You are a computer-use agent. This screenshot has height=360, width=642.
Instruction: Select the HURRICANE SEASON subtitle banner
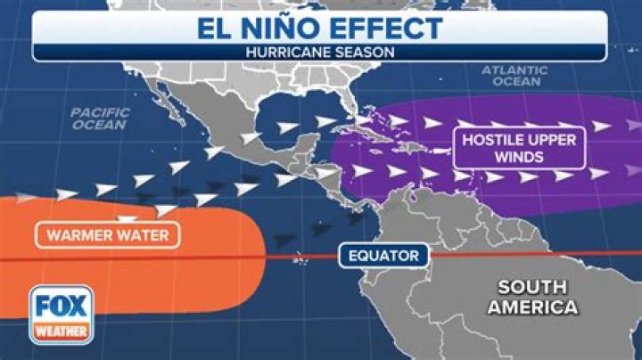click(x=321, y=52)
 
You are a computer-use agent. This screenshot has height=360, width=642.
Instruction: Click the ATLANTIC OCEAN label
click(x=511, y=75)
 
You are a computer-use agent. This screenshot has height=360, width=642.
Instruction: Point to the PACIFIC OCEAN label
click(x=100, y=119)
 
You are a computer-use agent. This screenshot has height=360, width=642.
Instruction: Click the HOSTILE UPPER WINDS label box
click(x=519, y=149)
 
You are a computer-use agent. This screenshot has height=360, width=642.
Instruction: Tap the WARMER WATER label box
click(x=108, y=236)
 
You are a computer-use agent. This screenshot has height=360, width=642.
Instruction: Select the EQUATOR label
click(x=383, y=257)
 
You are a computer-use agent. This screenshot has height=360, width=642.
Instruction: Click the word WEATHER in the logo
click(x=60, y=332)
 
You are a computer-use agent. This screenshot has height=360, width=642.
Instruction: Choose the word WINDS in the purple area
click(x=518, y=159)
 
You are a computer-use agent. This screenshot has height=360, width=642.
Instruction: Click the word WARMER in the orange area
click(x=79, y=236)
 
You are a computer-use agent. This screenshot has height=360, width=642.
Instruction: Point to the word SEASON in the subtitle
click(x=365, y=52)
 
